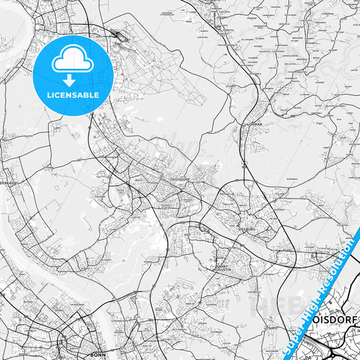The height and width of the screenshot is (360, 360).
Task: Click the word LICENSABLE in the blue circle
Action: point(73,95)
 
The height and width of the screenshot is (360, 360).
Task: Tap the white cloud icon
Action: point(72,60)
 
